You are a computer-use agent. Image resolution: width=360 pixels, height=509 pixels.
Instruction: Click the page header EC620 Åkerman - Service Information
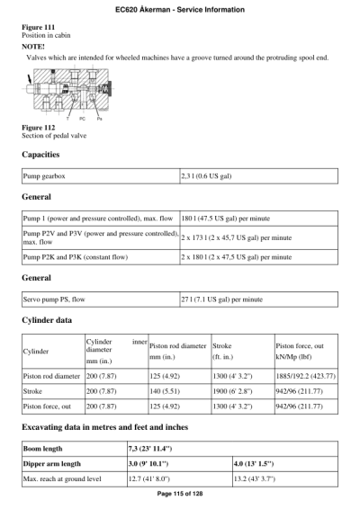click(180, 9)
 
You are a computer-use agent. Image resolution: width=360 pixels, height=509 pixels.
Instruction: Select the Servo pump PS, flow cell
click(63, 299)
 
